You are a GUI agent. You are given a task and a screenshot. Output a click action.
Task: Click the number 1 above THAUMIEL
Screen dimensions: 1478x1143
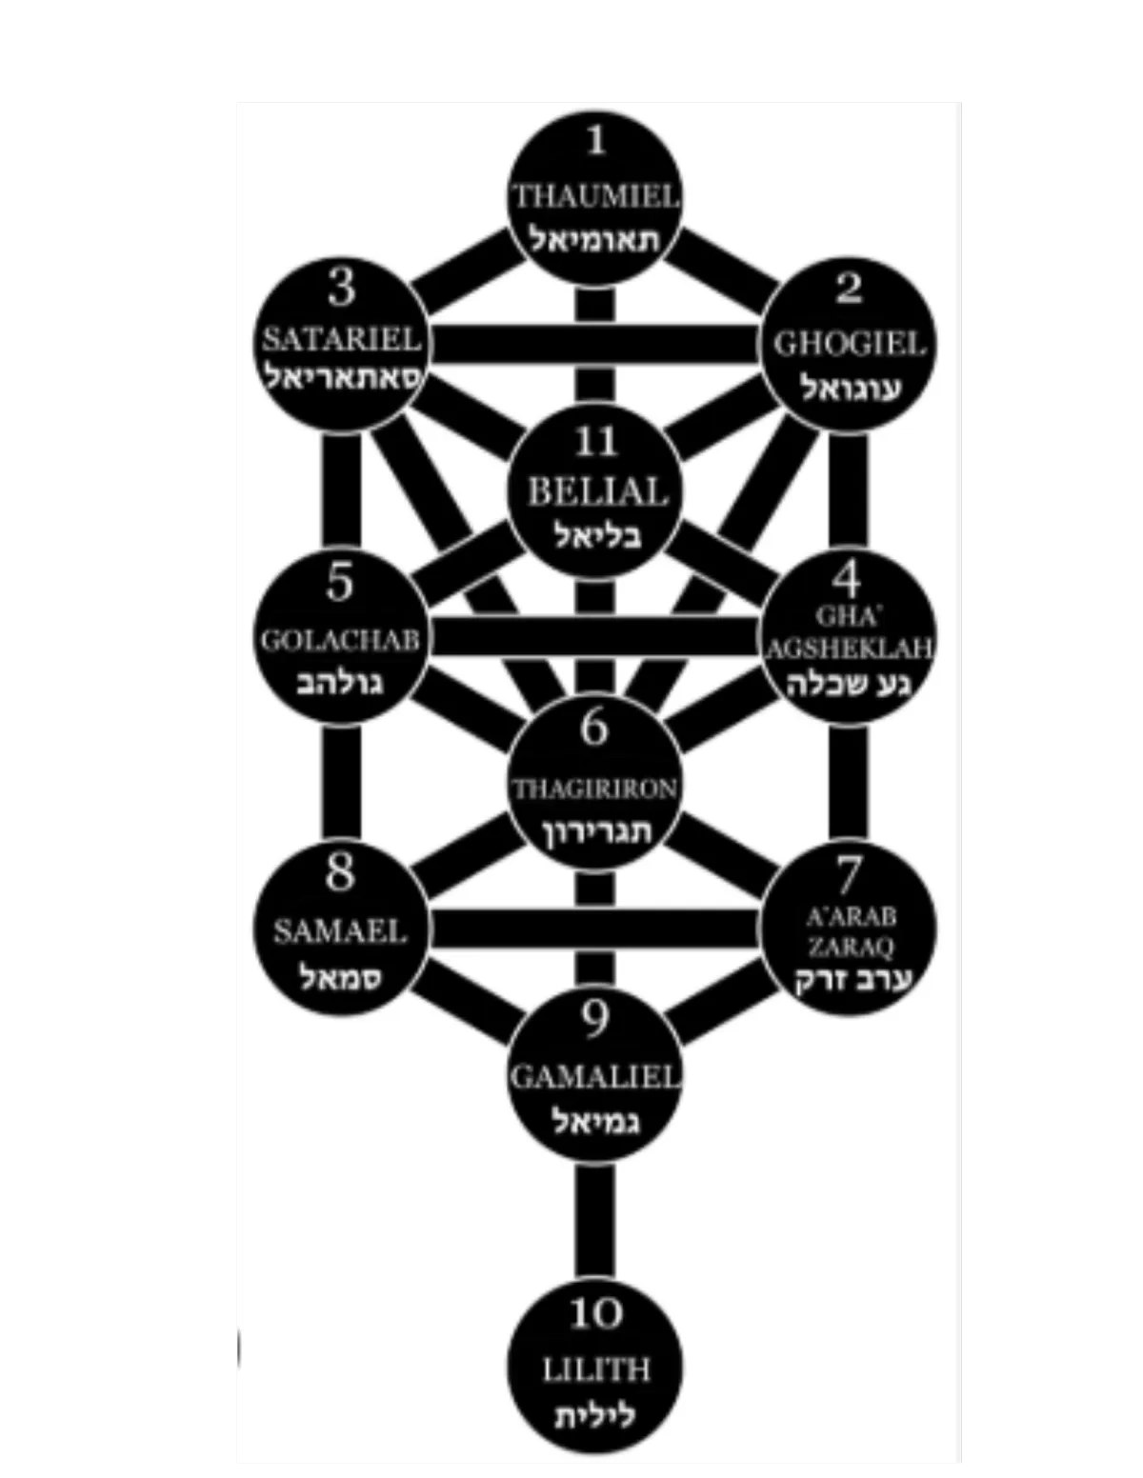596,141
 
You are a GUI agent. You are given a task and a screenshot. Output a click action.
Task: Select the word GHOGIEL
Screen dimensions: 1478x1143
849,343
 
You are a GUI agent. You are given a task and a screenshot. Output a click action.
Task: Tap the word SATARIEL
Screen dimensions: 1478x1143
341,339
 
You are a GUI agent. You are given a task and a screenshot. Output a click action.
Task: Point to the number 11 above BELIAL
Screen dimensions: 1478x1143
596,441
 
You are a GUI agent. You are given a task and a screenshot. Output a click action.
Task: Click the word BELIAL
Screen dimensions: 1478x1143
596,492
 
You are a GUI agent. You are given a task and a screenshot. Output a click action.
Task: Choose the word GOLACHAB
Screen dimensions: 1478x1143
340,640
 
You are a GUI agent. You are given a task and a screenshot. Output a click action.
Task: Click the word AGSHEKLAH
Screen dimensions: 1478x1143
849,649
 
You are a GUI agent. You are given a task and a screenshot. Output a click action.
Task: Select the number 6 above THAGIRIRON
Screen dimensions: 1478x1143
594,728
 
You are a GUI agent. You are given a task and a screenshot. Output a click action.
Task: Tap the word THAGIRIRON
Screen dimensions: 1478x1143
594,789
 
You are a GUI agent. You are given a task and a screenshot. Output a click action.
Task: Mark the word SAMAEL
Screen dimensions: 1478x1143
340,930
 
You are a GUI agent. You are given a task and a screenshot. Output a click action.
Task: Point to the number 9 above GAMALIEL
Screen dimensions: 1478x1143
595,1020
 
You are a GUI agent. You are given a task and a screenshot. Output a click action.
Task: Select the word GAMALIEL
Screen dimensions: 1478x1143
595,1076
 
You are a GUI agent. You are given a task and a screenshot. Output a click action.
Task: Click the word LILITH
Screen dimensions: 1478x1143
596,1370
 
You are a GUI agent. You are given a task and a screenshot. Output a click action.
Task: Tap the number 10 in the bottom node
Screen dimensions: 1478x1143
596,1314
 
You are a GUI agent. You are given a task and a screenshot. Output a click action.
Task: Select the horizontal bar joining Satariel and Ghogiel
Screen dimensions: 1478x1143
594,344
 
